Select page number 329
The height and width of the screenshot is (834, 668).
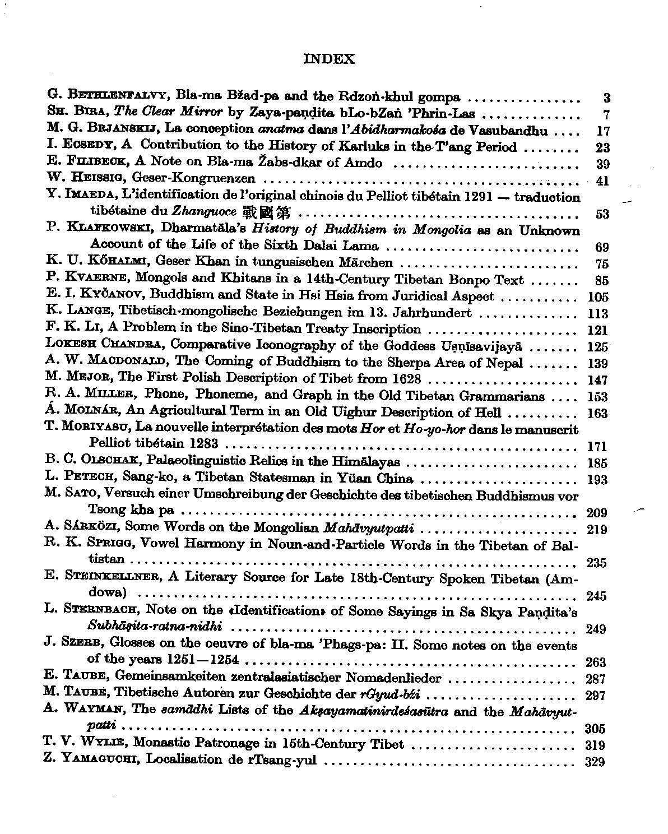click(x=595, y=761)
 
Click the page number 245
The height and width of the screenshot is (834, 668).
click(x=596, y=596)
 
